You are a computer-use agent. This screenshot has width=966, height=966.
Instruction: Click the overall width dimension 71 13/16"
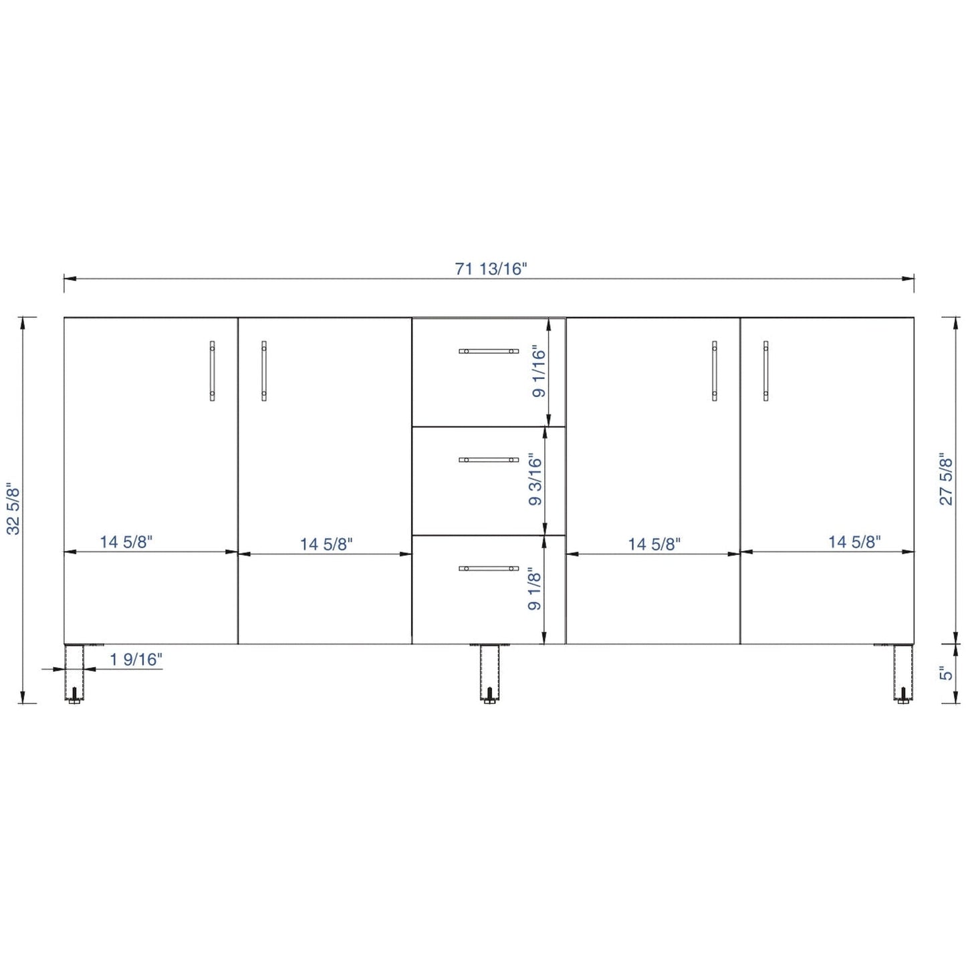pos(491,269)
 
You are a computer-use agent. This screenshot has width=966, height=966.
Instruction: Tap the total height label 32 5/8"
pos(14,509)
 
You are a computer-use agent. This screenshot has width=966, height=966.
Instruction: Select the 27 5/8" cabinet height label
pos(945,481)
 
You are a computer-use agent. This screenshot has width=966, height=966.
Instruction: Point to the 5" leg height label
pos(945,673)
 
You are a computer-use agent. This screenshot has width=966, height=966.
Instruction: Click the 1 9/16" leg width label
pos(136,660)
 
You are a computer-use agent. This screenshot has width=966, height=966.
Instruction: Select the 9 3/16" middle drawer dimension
pos(536,480)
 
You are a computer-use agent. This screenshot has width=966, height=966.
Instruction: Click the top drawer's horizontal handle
pos(488,352)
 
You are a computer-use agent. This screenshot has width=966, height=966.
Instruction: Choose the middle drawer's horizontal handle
pos(488,460)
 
